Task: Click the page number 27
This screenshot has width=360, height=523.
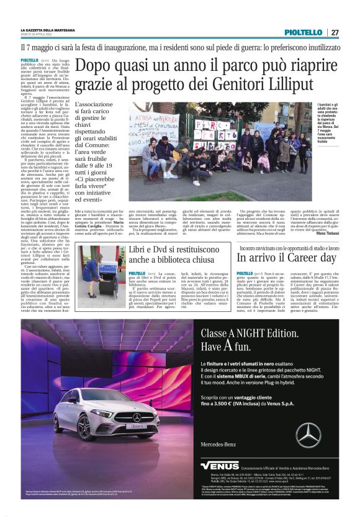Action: (335, 32)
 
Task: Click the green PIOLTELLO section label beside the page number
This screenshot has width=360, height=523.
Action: (304, 32)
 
